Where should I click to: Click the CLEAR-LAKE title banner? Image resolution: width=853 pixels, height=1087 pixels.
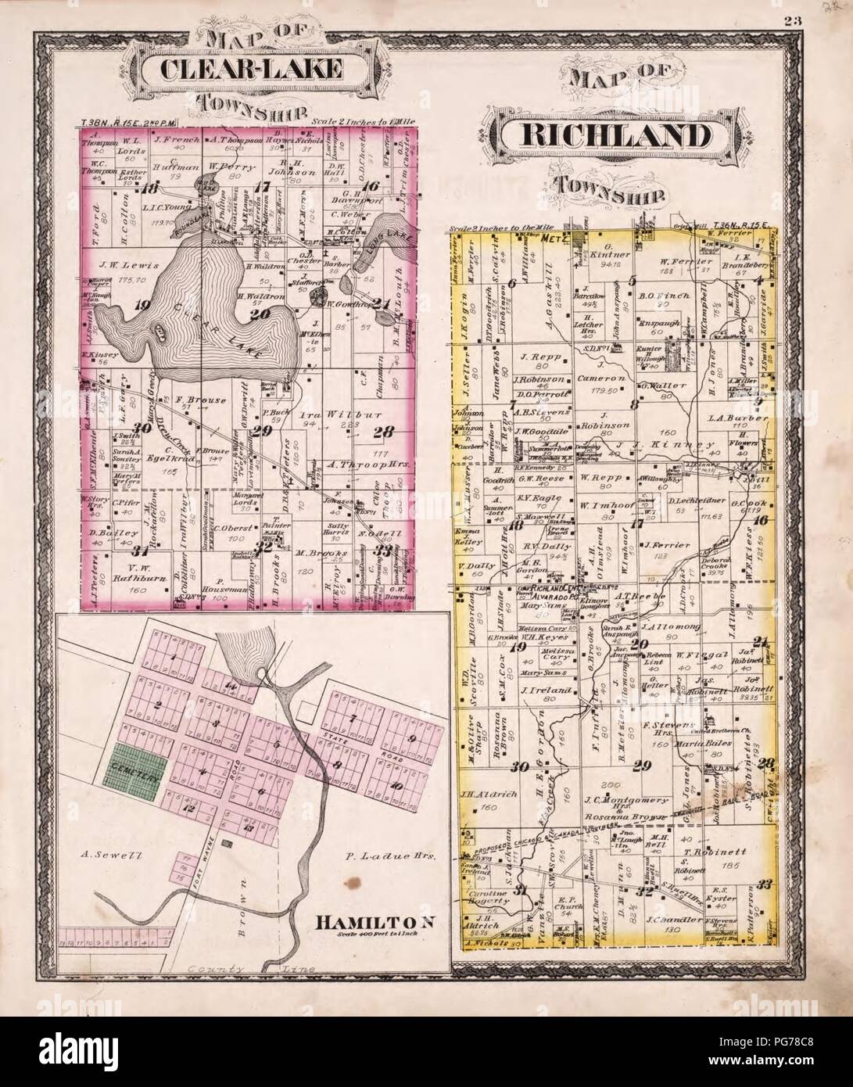click(250, 69)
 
